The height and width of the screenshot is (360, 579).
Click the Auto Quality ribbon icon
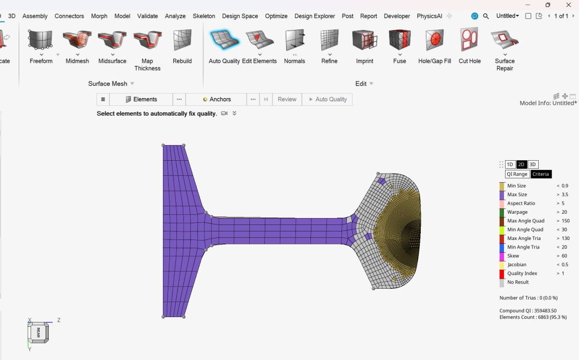click(x=224, y=40)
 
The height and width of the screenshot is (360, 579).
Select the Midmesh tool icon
click(x=77, y=40)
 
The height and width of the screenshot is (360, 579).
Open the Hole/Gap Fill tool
click(x=434, y=40)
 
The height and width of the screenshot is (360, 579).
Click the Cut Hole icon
click(x=469, y=40)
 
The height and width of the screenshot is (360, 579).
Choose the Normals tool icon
click(x=295, y=40)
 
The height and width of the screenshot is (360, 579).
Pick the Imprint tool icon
click(x=365, y=40)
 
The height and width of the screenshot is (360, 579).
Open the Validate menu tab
click(x=147, y=16)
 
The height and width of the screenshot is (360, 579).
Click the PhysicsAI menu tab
click(x=429, y=16)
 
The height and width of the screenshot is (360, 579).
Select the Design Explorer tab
click(x=315, y=16)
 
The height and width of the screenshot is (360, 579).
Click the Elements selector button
click(x=141, y=99)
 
